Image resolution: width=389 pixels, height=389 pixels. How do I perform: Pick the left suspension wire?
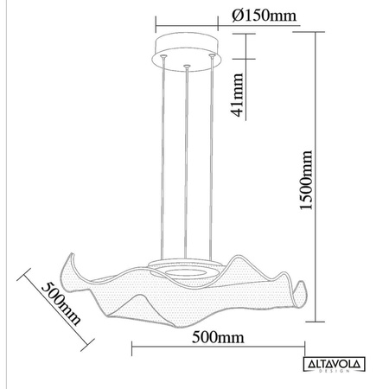[x=163, y=156]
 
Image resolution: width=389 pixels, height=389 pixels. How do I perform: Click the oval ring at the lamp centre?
[x=185, y=270]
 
